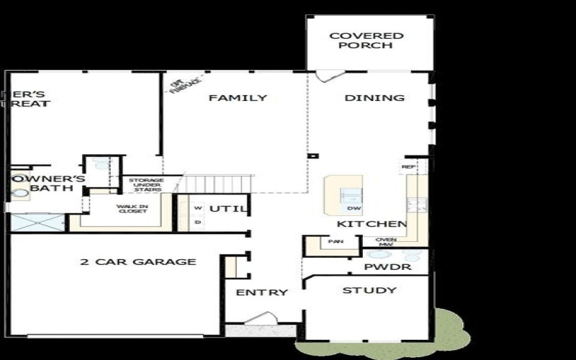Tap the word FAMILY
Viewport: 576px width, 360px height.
(x=238, y=98)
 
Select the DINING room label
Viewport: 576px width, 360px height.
(x=374, y=98)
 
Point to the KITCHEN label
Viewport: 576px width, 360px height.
(x=368, y=224)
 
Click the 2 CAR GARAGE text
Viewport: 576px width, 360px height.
(x=138, y=261)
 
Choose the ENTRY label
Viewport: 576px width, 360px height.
(x=262, y=292)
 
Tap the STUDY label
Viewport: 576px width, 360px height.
(x=369, y=290)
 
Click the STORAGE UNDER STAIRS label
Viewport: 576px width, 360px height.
(x=148, y=185)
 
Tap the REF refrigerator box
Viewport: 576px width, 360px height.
(x=408, y=166)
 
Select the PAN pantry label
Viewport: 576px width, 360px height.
(x=335, y=242)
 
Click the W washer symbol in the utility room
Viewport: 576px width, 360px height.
(x=198, y=207)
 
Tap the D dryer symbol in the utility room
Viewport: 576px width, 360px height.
(x=198, y=222)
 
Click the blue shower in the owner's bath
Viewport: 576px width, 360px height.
(x=37, y=222)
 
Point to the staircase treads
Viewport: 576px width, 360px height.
(x=217, y=184)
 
